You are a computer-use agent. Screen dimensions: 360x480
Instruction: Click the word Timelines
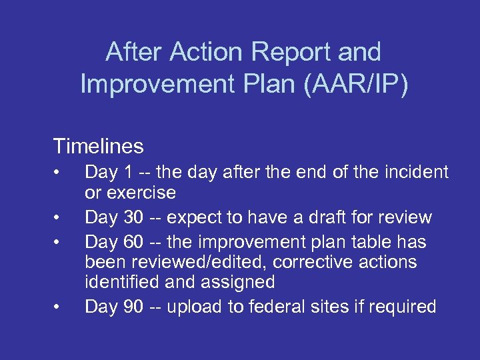point(99,145)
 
